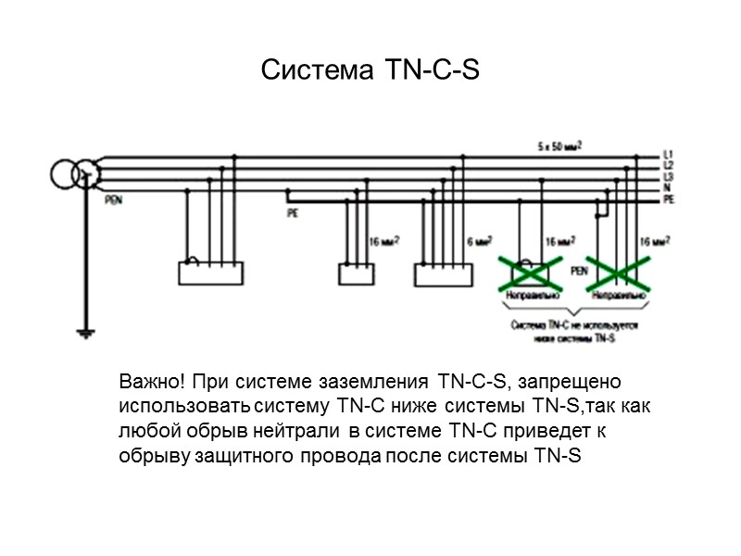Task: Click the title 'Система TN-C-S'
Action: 370,70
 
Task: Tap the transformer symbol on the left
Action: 74,171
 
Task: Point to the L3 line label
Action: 669,176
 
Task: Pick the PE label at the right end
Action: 669,199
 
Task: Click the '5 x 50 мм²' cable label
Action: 560,146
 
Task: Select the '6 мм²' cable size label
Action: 479,242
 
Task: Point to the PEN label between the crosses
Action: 579,271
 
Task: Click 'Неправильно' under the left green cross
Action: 531,296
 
